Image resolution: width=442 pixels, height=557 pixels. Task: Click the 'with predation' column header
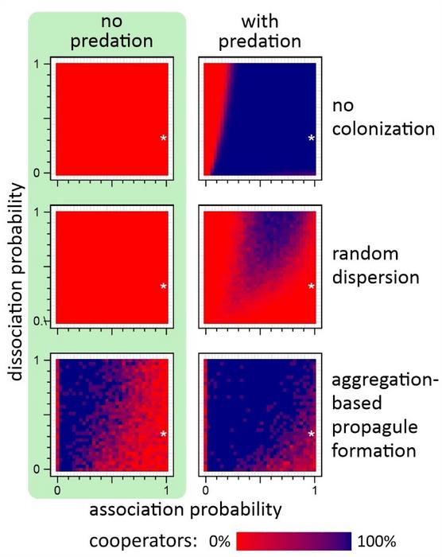[x=261, y=34]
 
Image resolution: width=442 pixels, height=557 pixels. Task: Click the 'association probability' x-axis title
[x=186, y=507]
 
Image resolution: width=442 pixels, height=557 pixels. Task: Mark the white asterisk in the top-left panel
[x=163, y=138]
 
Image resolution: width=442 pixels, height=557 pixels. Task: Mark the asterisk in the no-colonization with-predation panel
[x=312, y=138]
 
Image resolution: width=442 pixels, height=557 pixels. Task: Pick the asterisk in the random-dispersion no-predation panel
[x=163, y=286]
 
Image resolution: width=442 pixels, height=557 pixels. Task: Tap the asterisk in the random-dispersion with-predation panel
[x=312, y=286]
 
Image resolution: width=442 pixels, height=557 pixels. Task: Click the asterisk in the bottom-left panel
[x=163, y=434]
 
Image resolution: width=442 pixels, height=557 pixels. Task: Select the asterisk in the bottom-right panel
[x=312, y=434]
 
